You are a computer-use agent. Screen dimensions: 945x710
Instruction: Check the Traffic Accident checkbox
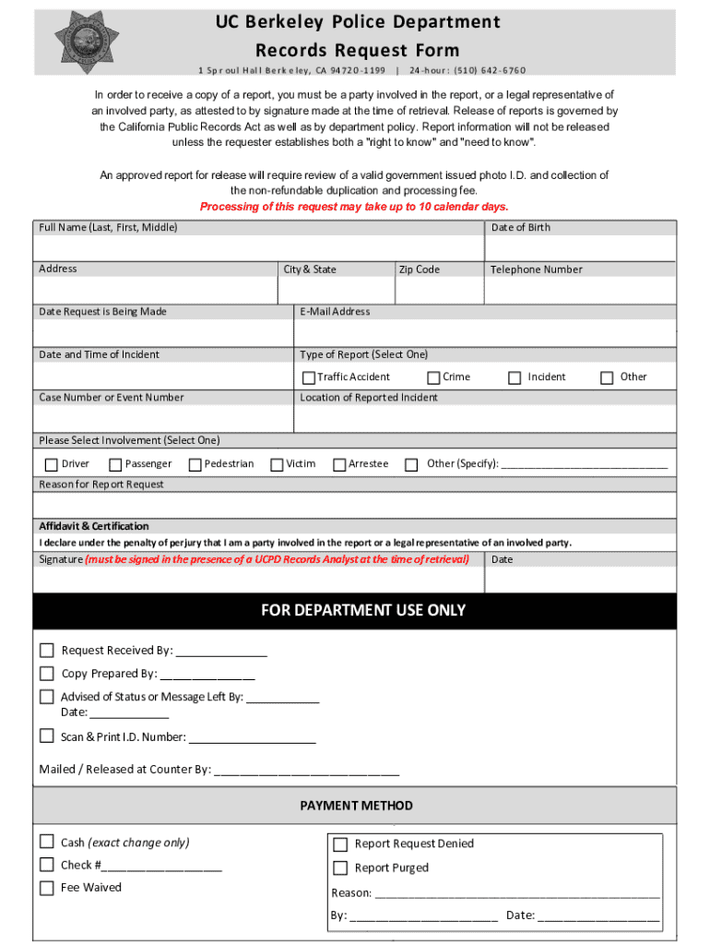(x=309, y=377)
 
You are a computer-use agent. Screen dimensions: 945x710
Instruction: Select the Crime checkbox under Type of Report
(x=433, y=377)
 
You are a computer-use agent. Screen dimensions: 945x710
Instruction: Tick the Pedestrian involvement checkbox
(x=195, y=465)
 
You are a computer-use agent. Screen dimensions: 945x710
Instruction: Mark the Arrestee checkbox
(x=339, y=465)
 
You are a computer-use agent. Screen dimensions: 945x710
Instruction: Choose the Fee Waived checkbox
(x=47, y=888)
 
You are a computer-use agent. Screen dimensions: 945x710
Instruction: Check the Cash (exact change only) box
(x=47, y=842)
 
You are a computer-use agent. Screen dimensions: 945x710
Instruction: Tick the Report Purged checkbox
(x=340, y=868)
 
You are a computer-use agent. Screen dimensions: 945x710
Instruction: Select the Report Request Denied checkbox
(x=340, y=844)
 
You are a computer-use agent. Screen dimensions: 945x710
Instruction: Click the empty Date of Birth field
(x=580, y=249)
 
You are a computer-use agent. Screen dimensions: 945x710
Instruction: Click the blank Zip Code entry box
(x=439, y=291)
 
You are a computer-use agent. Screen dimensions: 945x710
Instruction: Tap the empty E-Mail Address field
(x=485, y=332)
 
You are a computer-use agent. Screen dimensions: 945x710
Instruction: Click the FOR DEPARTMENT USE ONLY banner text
(x=363, y=610)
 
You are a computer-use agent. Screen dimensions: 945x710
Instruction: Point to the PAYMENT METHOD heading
(x=356, y=806)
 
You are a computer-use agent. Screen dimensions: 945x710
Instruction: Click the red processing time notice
(x=354, y=207)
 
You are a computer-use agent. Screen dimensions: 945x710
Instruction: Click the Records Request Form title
(x=357, y=50)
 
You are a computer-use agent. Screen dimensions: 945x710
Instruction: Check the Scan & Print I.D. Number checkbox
(x=47, y=736)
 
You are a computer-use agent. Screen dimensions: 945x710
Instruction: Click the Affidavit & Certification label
(x=94, y=526)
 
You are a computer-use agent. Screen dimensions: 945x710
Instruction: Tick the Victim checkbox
(x=277, y=465)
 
